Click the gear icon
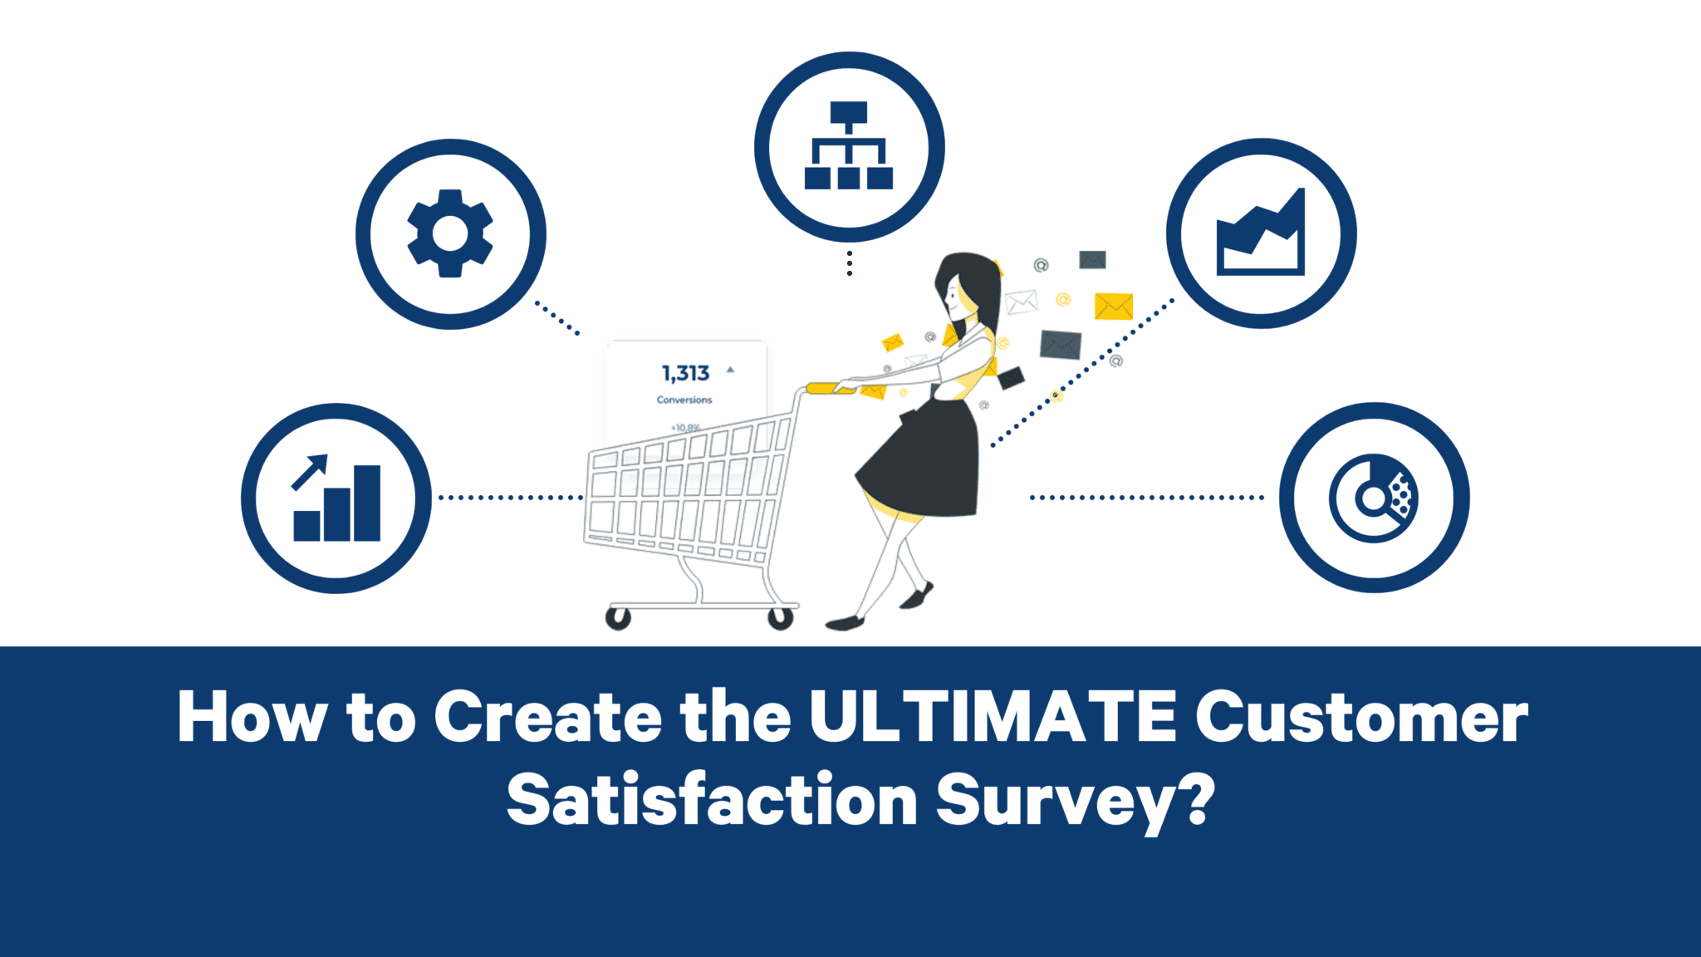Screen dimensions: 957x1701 coord(450,233)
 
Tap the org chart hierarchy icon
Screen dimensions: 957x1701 coord(848,146)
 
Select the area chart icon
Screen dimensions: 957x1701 coord(1260,233)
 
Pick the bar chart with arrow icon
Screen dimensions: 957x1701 coord(336,498)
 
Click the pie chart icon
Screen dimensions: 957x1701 coord(1374,498)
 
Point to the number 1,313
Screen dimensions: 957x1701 coord(685,373)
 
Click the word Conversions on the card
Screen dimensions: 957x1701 coord(684,400)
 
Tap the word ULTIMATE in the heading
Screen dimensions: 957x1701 coord(993,716)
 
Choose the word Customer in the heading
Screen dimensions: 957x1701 coord(1361,716)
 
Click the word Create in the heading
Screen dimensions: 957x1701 coord(548,716)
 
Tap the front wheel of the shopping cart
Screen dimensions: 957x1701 coord(617,618)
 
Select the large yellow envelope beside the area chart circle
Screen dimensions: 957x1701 coord(1113,306)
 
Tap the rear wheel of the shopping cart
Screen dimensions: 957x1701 coord(780,618)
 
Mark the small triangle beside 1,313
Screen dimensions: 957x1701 coord(730,369)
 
